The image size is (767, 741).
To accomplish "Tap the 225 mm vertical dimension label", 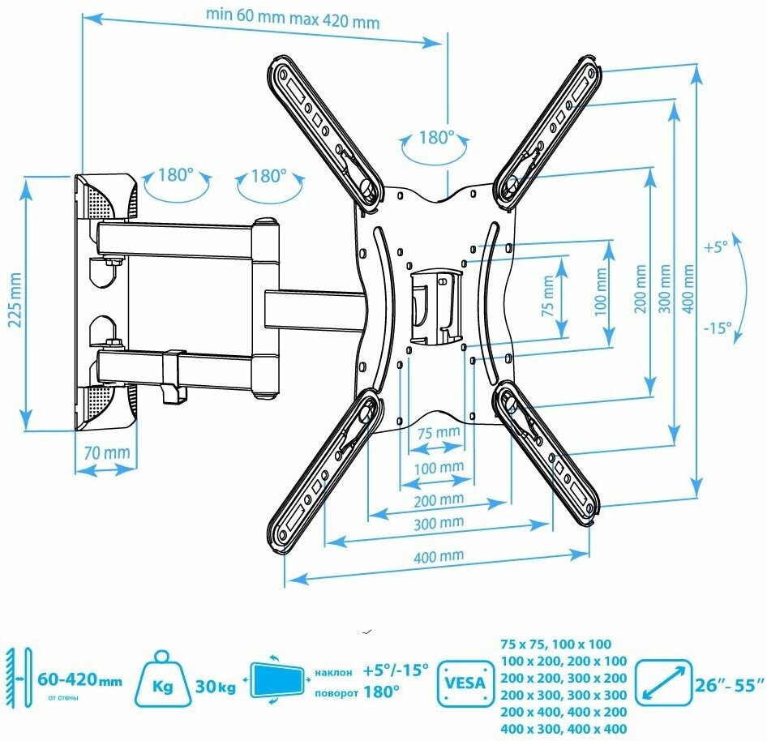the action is point(14,298).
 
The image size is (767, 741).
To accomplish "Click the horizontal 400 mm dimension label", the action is point(438,555).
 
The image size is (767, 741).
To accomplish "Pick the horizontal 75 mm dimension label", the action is point(438,433).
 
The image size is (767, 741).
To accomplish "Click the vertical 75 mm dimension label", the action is point(549,296).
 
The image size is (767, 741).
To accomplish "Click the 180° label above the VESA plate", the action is point(435,138).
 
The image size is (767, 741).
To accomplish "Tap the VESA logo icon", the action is point(465,680).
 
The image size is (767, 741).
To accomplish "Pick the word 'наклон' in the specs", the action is point(333,671).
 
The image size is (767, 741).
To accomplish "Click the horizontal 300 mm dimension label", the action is point(438,523).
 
